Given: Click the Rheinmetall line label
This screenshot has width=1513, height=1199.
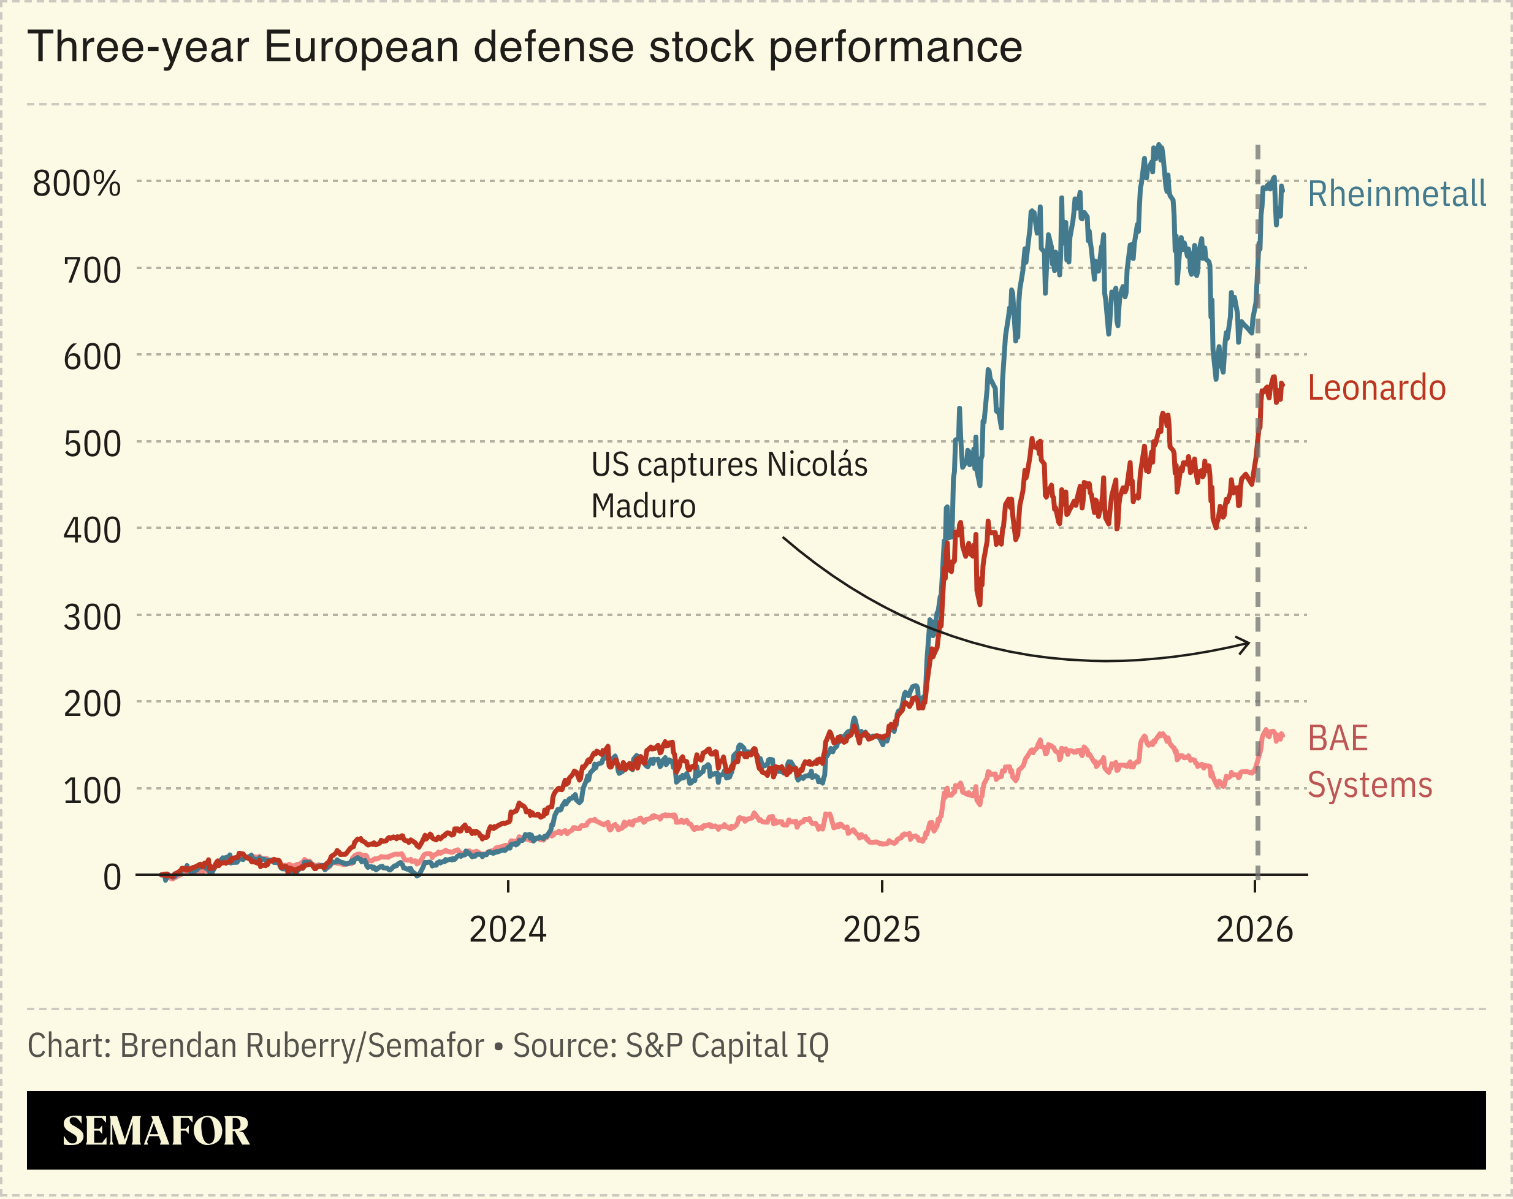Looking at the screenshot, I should click(1396, 194).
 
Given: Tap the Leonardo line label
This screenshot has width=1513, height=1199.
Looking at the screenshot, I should click(1376, 388).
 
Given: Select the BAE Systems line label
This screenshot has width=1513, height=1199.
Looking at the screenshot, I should click(1368, 761).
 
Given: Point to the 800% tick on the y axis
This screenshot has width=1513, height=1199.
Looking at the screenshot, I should click(77, 184).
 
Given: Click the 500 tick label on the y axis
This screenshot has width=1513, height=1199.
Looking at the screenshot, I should click(92, 444).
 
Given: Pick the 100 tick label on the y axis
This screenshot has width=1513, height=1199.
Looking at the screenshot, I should click(92, 791).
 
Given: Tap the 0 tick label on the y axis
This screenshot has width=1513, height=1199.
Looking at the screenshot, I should click(112, 877).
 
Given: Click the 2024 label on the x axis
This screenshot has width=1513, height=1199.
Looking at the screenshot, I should click(508, 930).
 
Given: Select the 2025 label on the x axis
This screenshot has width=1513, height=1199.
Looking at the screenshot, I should click(882, 930).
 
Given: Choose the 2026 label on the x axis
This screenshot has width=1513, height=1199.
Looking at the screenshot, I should click(1254, 930).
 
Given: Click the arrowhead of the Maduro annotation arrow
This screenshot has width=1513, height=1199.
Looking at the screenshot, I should click(1246, 644).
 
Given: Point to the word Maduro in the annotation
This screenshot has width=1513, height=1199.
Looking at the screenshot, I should click(643, 506).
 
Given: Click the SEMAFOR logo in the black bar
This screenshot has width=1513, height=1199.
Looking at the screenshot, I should click(156, 1131).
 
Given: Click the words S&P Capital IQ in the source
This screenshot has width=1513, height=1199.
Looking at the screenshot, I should click(727, 1045).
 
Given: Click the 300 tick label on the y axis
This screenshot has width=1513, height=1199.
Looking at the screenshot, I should click(92, 617).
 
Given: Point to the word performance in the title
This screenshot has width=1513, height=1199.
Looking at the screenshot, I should click(896, 48).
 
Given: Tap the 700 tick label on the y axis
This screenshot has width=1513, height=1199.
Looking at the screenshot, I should click(92, 271).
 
